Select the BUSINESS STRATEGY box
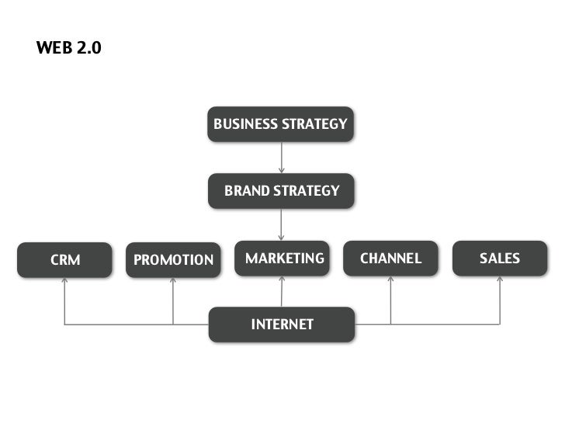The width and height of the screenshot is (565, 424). (x=280, y=124)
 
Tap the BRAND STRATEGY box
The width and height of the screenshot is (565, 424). (x=281, y=191)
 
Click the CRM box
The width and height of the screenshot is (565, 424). (x=65, y=259)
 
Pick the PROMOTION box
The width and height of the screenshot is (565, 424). (x=173, y=259)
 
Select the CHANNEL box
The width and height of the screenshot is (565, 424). (x=390, y=259)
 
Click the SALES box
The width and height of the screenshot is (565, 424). (x=499, y=259)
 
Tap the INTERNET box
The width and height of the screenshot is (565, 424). (x=281, y=324)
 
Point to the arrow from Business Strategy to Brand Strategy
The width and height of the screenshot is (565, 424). (x=281, y=158)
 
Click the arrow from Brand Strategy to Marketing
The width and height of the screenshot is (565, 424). (x=281, y=225)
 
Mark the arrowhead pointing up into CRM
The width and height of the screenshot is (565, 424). (x=65, y=281)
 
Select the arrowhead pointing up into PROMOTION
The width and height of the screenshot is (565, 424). (x=173, y=281)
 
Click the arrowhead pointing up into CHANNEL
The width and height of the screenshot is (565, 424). (x=390, y=280)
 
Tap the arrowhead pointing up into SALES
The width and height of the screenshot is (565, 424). (x=499, y=280)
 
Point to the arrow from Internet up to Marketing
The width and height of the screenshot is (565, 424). (x=281, y=292)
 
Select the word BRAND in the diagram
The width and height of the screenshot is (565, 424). (x=246, y=191)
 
